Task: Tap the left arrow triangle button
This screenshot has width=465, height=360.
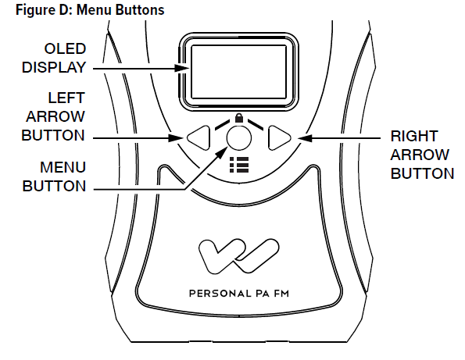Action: pos(200,139)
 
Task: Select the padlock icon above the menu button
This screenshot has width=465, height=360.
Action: pos(238,119)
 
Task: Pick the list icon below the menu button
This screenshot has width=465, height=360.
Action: pos(238,164)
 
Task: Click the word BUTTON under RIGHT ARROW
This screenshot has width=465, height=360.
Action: pos(422,173)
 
